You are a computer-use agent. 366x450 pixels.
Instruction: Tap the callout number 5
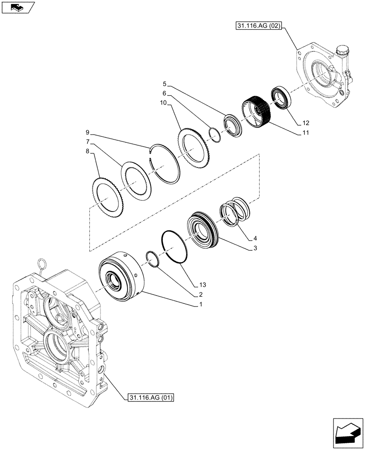point(165,84)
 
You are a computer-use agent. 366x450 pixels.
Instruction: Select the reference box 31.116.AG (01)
point(151,397)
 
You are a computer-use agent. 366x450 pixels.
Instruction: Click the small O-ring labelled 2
point(152,259)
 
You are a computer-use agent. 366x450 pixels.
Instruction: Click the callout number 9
point(87,133)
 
